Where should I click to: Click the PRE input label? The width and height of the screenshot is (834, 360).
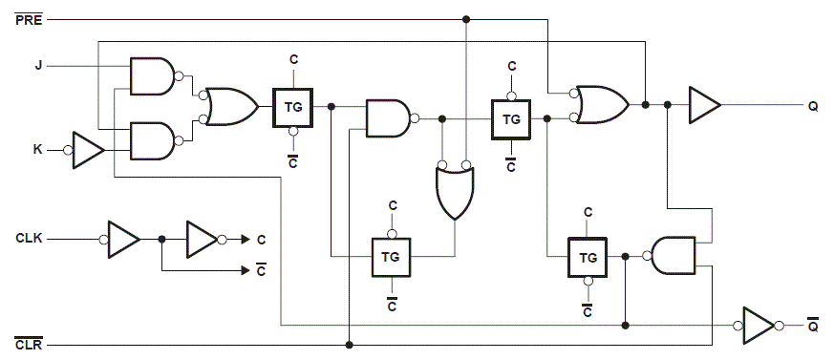click(28, 19)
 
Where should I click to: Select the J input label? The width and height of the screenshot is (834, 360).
click(38, 66)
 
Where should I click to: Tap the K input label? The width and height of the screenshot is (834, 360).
click(38, 150)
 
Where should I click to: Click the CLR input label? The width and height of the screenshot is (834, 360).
click(28, 344)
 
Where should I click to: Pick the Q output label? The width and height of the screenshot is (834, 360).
click(813, 106)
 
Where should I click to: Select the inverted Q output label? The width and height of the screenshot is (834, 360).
click(813, 326)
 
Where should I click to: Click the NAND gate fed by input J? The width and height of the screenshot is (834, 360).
click(153, 76)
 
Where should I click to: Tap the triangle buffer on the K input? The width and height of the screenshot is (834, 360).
click(89, 151)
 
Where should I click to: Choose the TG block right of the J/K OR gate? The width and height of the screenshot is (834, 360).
click(293, 107)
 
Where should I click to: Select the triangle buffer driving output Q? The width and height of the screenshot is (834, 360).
click(705, 105)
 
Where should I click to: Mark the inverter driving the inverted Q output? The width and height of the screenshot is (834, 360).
click(759, 326)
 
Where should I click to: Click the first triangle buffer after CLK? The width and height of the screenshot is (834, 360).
click(123, 238)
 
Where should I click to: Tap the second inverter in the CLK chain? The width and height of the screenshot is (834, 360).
click(203, 238)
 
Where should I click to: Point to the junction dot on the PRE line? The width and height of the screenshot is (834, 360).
click(466, 19)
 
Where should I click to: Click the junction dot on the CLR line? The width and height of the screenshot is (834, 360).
click(351, 344)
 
